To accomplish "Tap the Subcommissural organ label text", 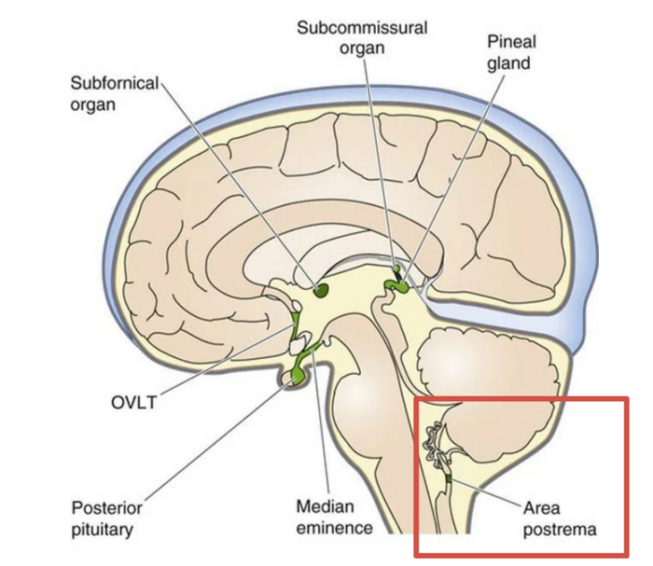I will coord(362,37).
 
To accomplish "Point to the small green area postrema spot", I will coord(449,480).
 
